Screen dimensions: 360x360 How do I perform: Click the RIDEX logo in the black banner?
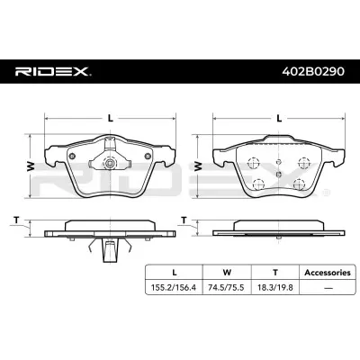pos(53,72)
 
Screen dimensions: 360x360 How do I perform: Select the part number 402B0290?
pos(313,72)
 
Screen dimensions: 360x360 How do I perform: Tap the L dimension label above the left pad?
pos(111,118)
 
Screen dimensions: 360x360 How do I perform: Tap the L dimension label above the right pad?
pos(279,118)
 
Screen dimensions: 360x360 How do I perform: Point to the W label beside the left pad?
pos(31,166)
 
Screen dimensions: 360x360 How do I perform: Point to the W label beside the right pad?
pos(198,166)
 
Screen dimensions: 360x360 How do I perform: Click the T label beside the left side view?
pos(17,220)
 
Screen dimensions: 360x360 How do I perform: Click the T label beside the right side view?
pos(184,220)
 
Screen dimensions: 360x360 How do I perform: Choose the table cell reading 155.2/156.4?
pos(174,288)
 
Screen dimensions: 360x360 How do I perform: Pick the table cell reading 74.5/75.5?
pos(227,288)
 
